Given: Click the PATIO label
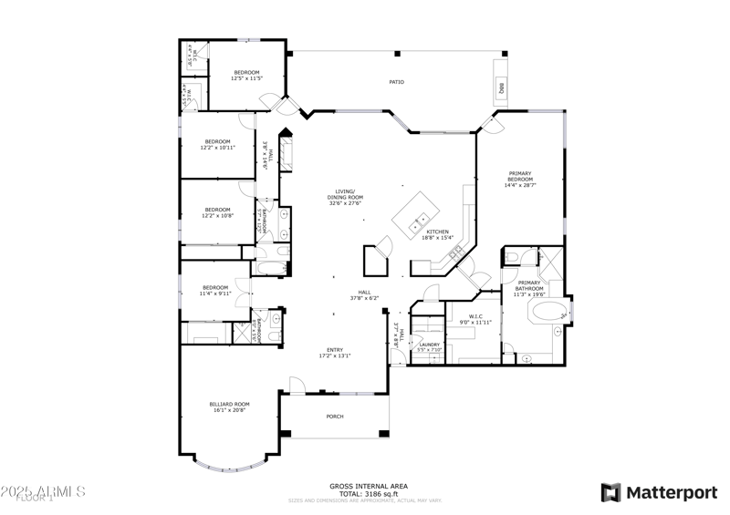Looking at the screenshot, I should click(396, 82).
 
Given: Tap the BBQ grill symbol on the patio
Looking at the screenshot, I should click(501, 88).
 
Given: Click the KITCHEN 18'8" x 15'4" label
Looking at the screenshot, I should click(435, 234).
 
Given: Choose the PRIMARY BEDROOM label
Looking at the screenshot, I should click(520, 180).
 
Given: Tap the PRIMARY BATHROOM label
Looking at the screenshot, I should click(528, 289).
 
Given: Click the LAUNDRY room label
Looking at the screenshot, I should click(429, 346).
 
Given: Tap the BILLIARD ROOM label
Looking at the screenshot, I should click(229, 407).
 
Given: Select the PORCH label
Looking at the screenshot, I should click(335, 417).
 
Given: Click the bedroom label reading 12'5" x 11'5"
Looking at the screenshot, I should click(246, 76).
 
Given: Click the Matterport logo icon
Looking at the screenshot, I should click(610, 492).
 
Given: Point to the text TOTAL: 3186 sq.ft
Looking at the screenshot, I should click(369, 493).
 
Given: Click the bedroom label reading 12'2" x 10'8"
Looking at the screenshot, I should click(217, 212).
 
